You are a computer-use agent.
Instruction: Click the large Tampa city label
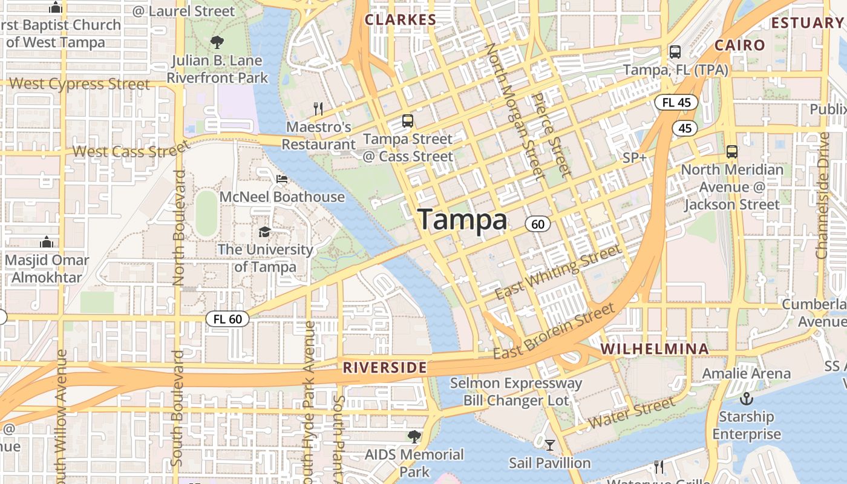click(x=462, y=220)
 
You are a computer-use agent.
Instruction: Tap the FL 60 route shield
click(x=227, y=319)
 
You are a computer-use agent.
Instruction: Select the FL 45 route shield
click(x=676, y=102)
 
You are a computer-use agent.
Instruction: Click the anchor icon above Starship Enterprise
click(x=747, y=399)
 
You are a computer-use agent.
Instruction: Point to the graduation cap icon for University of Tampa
click(x=264, y=232)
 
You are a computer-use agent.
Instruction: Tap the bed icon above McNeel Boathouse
click(x=282, y=179)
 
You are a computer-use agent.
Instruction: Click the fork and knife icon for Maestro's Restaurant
click(x=318, y=108)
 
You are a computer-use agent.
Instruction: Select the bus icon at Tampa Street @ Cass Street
click(x=408, y=121)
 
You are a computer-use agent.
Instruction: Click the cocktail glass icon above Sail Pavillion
click(x=549, y=446)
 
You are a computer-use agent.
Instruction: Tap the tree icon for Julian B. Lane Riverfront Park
click(x=217, y=42)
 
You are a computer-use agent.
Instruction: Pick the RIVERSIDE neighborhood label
click(x=385, y=368)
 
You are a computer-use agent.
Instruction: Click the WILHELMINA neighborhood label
click(x=655, y=349)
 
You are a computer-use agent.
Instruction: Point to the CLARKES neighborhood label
click(x=400, y=20)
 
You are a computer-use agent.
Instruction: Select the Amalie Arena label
click(x=746, y=373)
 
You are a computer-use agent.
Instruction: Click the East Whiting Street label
click(x=558, y=272)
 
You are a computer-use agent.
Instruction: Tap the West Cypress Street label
click(x=80, y=84)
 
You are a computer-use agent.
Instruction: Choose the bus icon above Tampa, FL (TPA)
click(x=675, y=52)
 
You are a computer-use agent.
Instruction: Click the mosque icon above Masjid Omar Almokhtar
click(x=47, y=243)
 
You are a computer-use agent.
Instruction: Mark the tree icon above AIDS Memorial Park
click(x=414, y=436)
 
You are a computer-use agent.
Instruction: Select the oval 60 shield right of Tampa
click(x=537, y=224)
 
